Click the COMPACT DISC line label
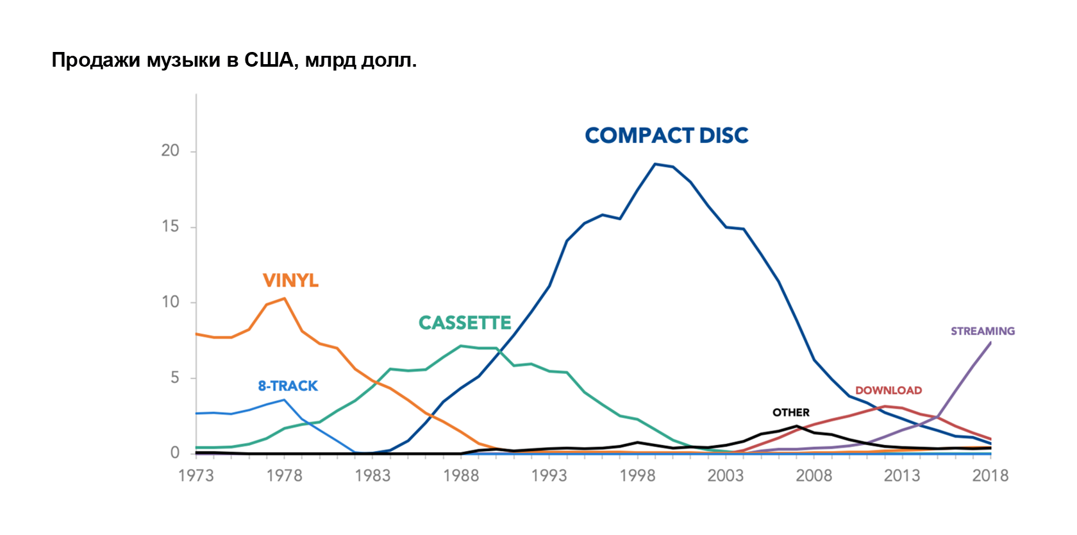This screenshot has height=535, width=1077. [x=666, y=135]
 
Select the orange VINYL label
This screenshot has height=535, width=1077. [x=290, y=280]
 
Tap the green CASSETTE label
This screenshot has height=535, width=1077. [x=465, y=323]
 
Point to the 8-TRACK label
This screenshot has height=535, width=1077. [x=288, y=386]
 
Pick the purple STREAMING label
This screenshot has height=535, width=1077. [x=983, y=331]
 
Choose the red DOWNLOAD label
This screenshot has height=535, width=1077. [x=889, y=391]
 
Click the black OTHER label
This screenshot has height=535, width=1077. [x=790, y=412]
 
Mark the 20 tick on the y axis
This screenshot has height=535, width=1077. [x=171, y=151]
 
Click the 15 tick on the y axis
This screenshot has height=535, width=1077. [x=171, y=226]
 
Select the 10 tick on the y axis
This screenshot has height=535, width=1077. [x=171, y=302]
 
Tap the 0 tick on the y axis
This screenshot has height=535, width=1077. [x=175, y=453]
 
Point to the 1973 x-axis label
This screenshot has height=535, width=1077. [x=196, y=476]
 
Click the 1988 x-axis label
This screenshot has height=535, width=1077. [x=461, y=476]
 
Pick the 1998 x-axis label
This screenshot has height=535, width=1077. [x=637, y=476]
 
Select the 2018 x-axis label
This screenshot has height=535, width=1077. [x=990, y=476]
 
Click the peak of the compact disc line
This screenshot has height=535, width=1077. [x=655, y=164]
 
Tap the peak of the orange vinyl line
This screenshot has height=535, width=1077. [x=285, y=298]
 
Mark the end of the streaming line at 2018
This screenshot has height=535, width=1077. [x=990, y=343]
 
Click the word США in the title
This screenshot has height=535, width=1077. [x=271, y=60]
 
